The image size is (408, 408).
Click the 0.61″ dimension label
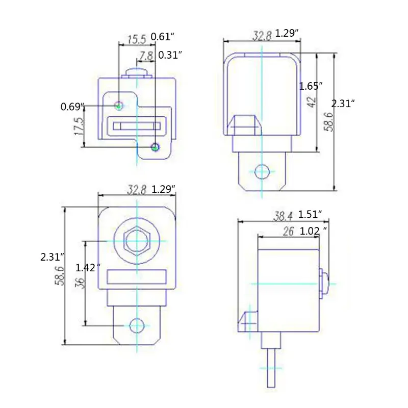(162, 37)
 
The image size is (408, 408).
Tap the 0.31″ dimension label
(170, 55)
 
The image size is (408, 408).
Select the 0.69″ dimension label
(72, 107)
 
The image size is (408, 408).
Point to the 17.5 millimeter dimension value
(80, 126)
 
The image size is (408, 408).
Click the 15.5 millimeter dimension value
(137, 40)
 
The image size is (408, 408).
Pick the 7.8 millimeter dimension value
(146, 56)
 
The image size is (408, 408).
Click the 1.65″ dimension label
(311, 86)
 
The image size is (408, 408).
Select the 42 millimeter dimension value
(312, 101)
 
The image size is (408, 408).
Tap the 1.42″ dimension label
(88, 267)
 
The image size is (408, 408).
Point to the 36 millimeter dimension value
(81, 283)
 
